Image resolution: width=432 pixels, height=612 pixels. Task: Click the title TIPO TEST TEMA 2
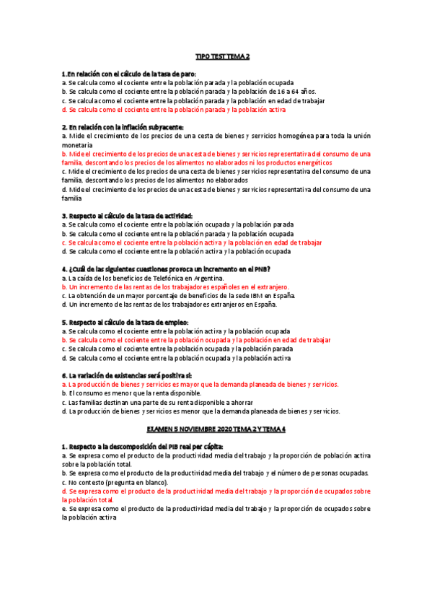point(222,56)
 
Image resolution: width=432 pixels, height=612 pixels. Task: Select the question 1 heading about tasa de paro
point(129,74)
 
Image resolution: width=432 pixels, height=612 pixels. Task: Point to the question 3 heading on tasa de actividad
point(128,216)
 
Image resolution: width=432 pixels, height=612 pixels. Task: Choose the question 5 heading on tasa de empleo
point(125,322)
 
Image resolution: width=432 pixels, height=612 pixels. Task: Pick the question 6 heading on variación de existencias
point(127,375)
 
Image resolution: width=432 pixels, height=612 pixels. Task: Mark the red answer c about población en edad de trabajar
point(192,242)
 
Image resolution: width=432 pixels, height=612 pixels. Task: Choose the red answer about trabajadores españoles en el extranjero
point(175,287)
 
